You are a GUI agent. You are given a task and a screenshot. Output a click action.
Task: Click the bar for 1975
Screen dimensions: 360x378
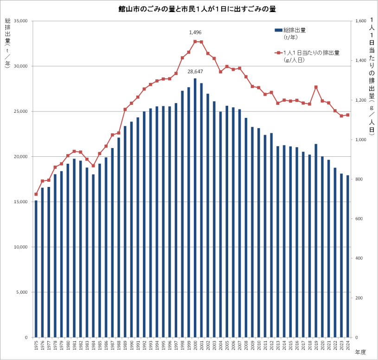point(36,269)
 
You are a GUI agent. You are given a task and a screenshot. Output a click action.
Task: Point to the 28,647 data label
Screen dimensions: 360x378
point(195,72)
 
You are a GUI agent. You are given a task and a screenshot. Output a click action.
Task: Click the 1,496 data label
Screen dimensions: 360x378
point(195,33)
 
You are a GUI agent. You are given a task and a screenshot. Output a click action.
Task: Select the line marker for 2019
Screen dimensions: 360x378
point(316,87)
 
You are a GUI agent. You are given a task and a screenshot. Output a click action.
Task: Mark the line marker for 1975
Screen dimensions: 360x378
point(36,194)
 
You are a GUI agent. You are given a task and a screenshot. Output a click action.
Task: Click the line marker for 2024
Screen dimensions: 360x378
point(348,115)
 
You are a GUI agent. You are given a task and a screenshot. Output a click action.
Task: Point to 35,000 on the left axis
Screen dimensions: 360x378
point(20,21)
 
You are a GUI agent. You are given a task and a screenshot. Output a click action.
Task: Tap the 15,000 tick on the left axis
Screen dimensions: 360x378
point(20,202)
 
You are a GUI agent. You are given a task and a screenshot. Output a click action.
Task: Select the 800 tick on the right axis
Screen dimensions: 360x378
point(359,179)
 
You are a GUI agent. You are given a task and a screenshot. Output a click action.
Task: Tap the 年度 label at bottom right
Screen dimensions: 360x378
point(360,352)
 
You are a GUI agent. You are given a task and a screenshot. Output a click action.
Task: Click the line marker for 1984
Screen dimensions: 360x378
point(93,166)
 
